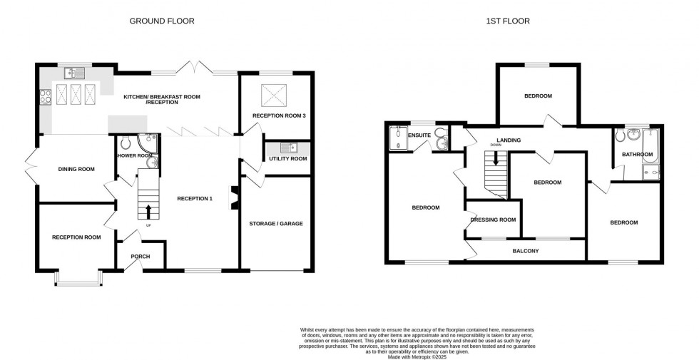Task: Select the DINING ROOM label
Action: coord(76,169)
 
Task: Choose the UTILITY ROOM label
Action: coord(287,158)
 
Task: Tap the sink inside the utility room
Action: coord(289,148)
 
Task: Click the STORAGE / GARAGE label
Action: coord(275,223)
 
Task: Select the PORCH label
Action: coord(140,257)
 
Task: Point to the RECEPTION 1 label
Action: coord(195,198)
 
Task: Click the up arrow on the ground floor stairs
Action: coord(148,210)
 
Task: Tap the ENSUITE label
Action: coord(419,134)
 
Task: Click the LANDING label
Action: coord(509,140)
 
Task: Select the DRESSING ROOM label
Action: coord(493,220)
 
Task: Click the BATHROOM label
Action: coord(637,154)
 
